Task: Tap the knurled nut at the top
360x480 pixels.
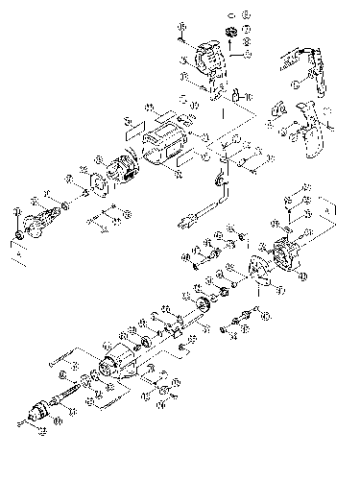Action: [232, 35]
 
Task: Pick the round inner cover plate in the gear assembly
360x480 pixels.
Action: [256, 272]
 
